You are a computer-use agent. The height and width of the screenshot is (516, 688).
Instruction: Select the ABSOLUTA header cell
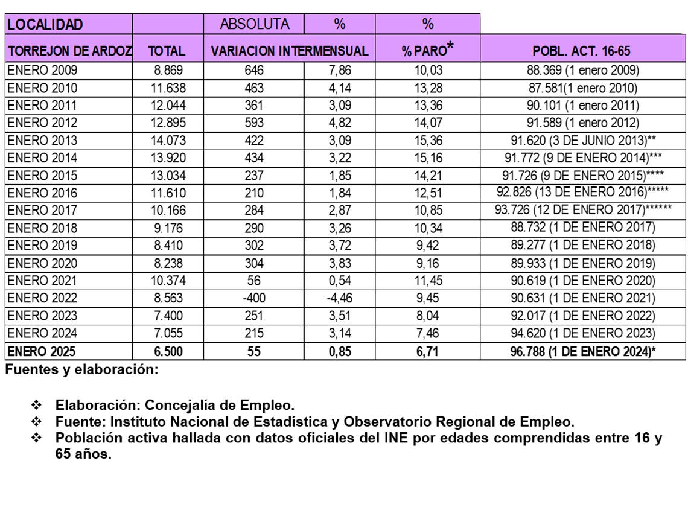click(254, 24)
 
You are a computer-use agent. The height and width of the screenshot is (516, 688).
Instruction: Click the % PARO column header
click(427, 51)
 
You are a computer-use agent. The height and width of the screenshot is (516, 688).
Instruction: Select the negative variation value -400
click(254, 298)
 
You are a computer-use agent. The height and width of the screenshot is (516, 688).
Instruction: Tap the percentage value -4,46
click(339, 298)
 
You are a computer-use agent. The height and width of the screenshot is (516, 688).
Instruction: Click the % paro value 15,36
click(428, 141)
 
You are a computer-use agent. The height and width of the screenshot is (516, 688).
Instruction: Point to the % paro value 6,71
click(428, 351)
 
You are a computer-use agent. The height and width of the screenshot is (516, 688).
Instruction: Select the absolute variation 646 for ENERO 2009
click(254, 71)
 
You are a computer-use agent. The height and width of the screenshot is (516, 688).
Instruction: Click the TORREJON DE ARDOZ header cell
click(69, 51)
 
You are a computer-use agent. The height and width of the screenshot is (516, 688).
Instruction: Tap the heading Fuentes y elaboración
click(81, 370)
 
